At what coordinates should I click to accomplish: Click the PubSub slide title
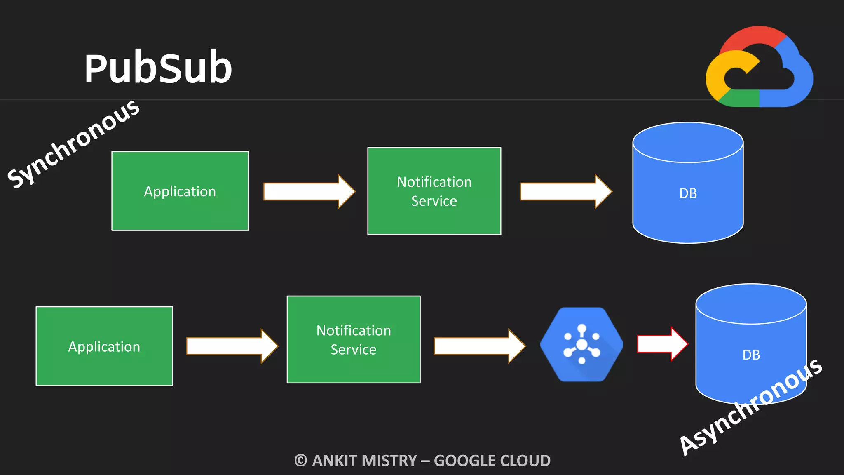point(158,68)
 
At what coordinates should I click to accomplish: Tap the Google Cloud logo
point(759,68)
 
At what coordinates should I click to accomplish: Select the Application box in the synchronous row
point(180,191)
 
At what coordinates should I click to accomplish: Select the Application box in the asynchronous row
point(104,346)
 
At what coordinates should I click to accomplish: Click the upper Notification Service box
point(434,191)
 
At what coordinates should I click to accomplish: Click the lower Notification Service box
point(354,339)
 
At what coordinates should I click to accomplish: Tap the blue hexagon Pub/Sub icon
point(581,344)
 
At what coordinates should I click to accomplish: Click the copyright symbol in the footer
point(301,461)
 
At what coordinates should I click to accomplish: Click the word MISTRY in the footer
point(391,461)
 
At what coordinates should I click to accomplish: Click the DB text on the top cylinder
point(688,193)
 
